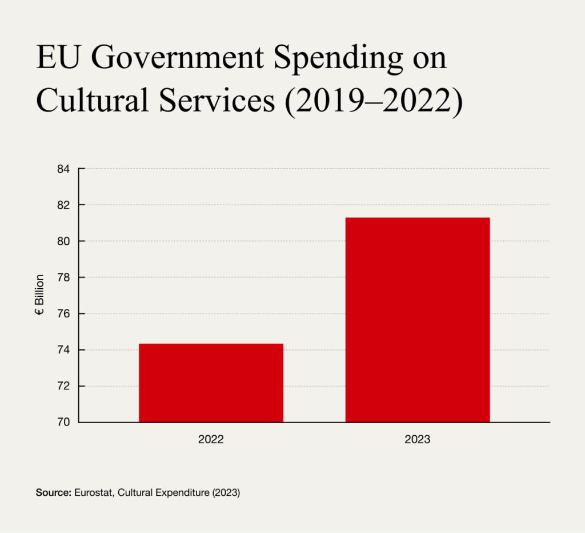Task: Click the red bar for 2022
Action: tap(211, 383)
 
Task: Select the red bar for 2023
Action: tap(417, 320)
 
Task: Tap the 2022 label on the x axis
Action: tap(211, 440)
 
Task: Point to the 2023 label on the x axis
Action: tap(417, 440)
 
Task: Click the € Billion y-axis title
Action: tap(39, 296)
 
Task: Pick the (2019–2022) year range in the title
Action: tap(372, 102)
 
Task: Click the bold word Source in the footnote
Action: tap(53, 492)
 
